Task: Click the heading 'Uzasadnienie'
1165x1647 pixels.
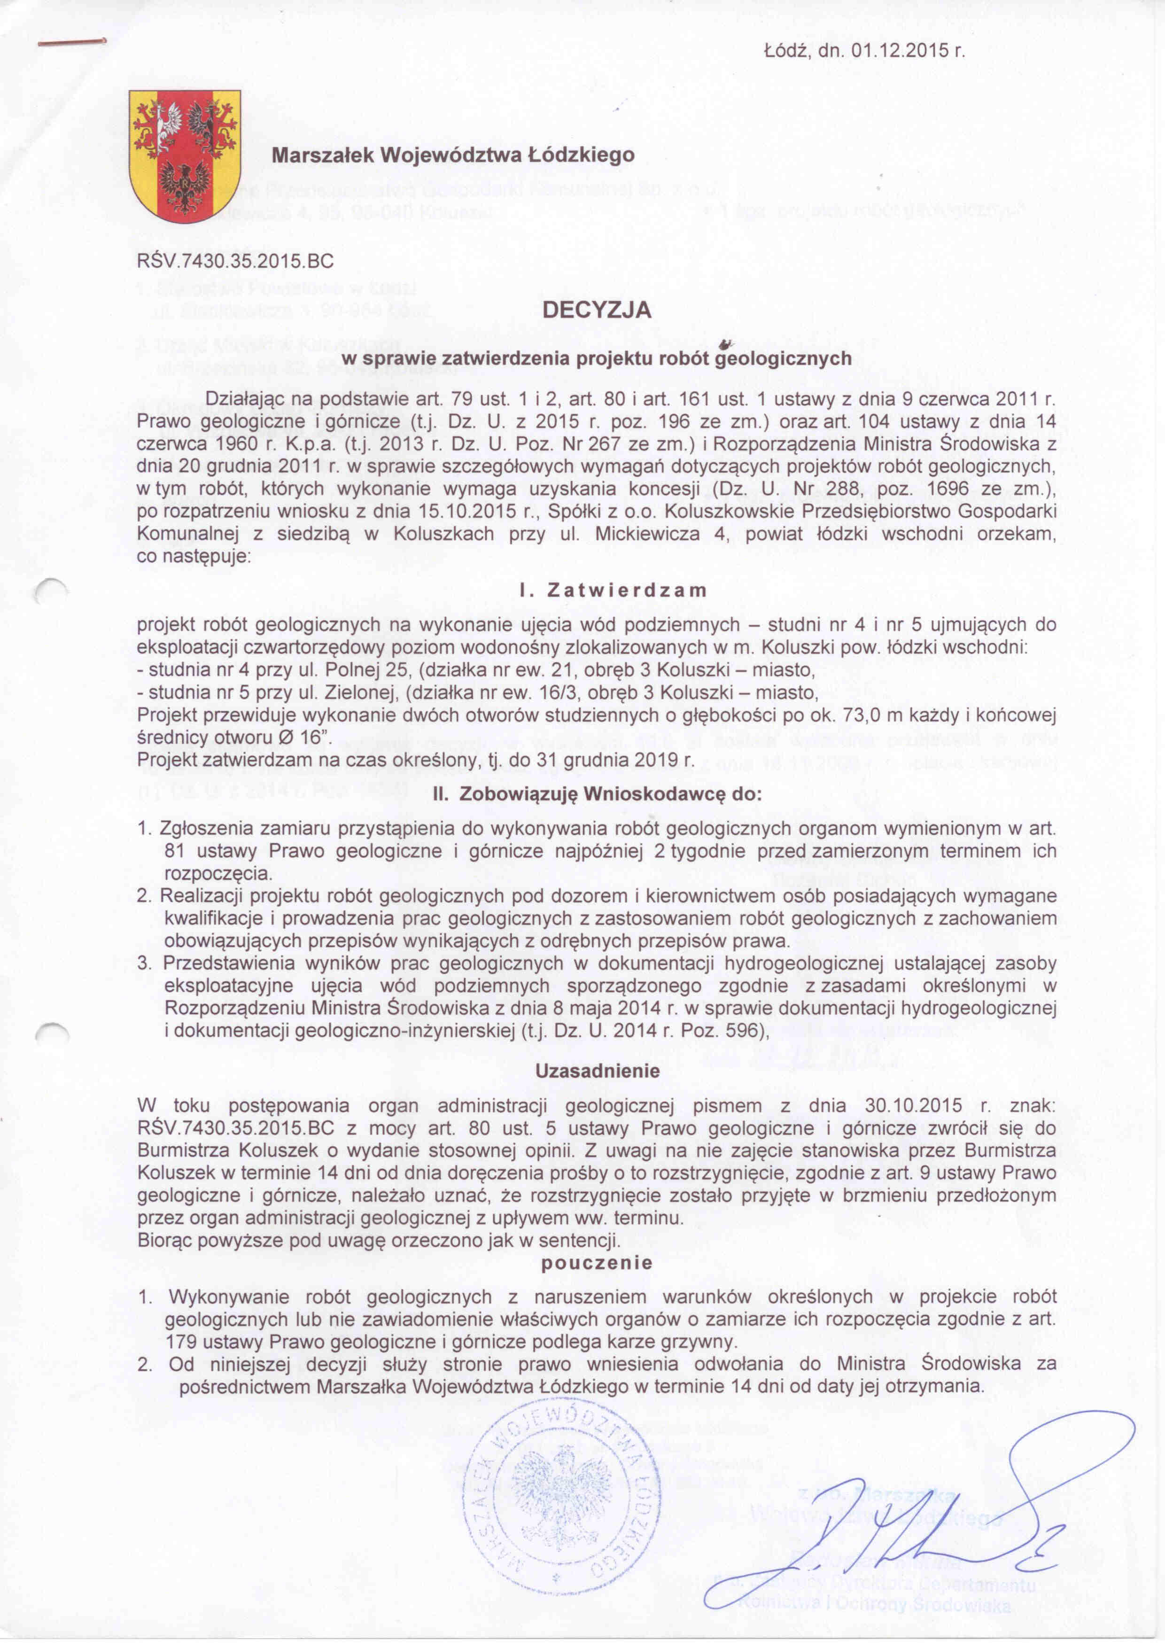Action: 598,1071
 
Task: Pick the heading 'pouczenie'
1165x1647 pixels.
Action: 597,1263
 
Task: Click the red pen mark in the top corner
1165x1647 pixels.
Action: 72,43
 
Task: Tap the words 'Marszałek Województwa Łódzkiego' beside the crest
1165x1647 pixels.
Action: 453,154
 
